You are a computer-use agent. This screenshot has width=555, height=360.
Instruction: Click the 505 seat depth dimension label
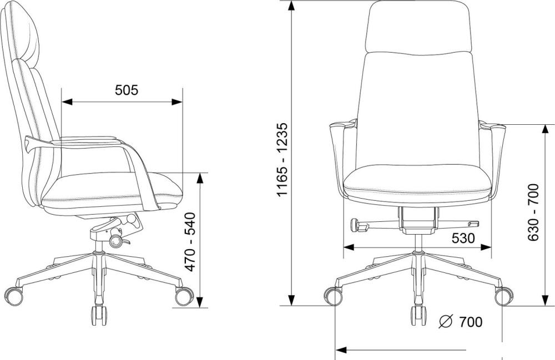pos(127,90)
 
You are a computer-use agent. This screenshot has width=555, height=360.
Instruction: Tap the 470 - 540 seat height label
pos(190,242)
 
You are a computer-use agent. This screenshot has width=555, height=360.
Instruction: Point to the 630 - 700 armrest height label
pos(533,212)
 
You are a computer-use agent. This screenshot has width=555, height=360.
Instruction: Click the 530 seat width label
pos(463,239)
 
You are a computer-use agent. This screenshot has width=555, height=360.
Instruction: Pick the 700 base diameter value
pos(471,322)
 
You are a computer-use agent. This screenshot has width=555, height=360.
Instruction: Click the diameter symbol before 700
pos(446,322)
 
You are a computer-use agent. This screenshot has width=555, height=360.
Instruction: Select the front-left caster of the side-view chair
pos(13,296)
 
